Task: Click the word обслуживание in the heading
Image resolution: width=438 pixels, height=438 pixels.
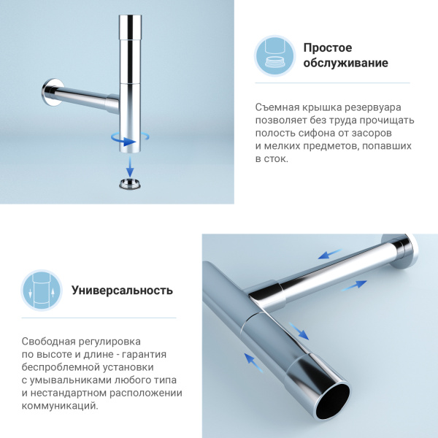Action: [x=345, y=64]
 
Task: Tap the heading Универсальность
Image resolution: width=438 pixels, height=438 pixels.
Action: [x=122, y=290]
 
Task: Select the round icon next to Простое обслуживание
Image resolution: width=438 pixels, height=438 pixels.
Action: [x=275, y=55]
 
